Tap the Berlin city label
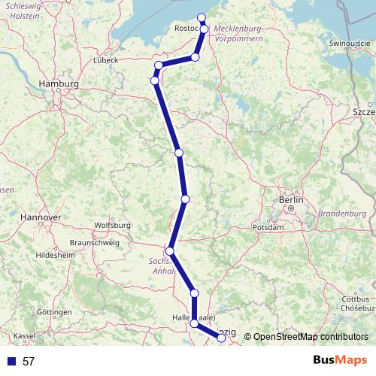pos(290,200)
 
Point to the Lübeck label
pos(105,59)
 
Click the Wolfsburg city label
pos(114,225)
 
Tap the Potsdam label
pos(268,226)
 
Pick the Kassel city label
pos(25,335)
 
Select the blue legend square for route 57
pos(9,362)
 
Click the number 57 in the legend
pos(29,362)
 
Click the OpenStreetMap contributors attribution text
pos(310,337)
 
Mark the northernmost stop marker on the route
pos(202,18)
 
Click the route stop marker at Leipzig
pos(222,338)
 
